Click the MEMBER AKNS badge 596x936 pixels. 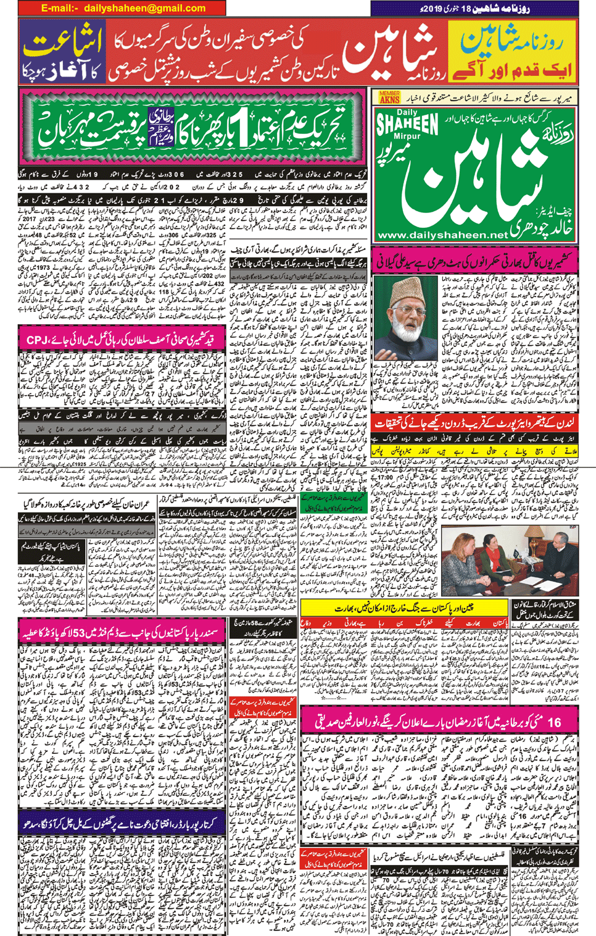389,97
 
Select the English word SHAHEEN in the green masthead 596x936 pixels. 408,123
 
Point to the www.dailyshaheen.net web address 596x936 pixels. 442,235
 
